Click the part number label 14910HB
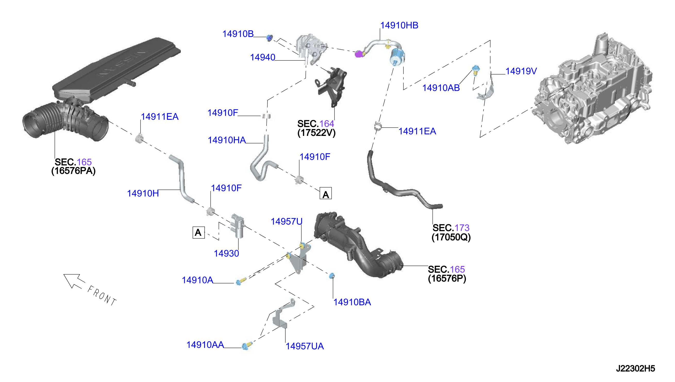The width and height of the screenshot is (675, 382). [399, 25]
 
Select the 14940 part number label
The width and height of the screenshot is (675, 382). [262, 57]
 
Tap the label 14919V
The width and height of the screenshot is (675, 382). [521, 71]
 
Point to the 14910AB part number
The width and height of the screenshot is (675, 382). [441, 88]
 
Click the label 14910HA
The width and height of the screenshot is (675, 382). [227, 140]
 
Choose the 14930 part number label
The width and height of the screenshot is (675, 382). [226, 254]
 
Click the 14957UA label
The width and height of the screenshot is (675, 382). [305, 346]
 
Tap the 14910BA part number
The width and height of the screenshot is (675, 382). [352, 302]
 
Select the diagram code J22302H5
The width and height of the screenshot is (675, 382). [635, 369]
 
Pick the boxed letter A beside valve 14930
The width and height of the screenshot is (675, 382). [198, 232]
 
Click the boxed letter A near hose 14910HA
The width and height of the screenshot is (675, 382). [326, 193]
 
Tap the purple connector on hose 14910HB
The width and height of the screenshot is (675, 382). [359, 54]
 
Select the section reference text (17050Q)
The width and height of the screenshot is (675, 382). [451, 237]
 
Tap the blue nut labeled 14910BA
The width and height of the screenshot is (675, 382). [332, 275]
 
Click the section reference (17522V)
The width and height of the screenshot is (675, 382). [316, 133]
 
